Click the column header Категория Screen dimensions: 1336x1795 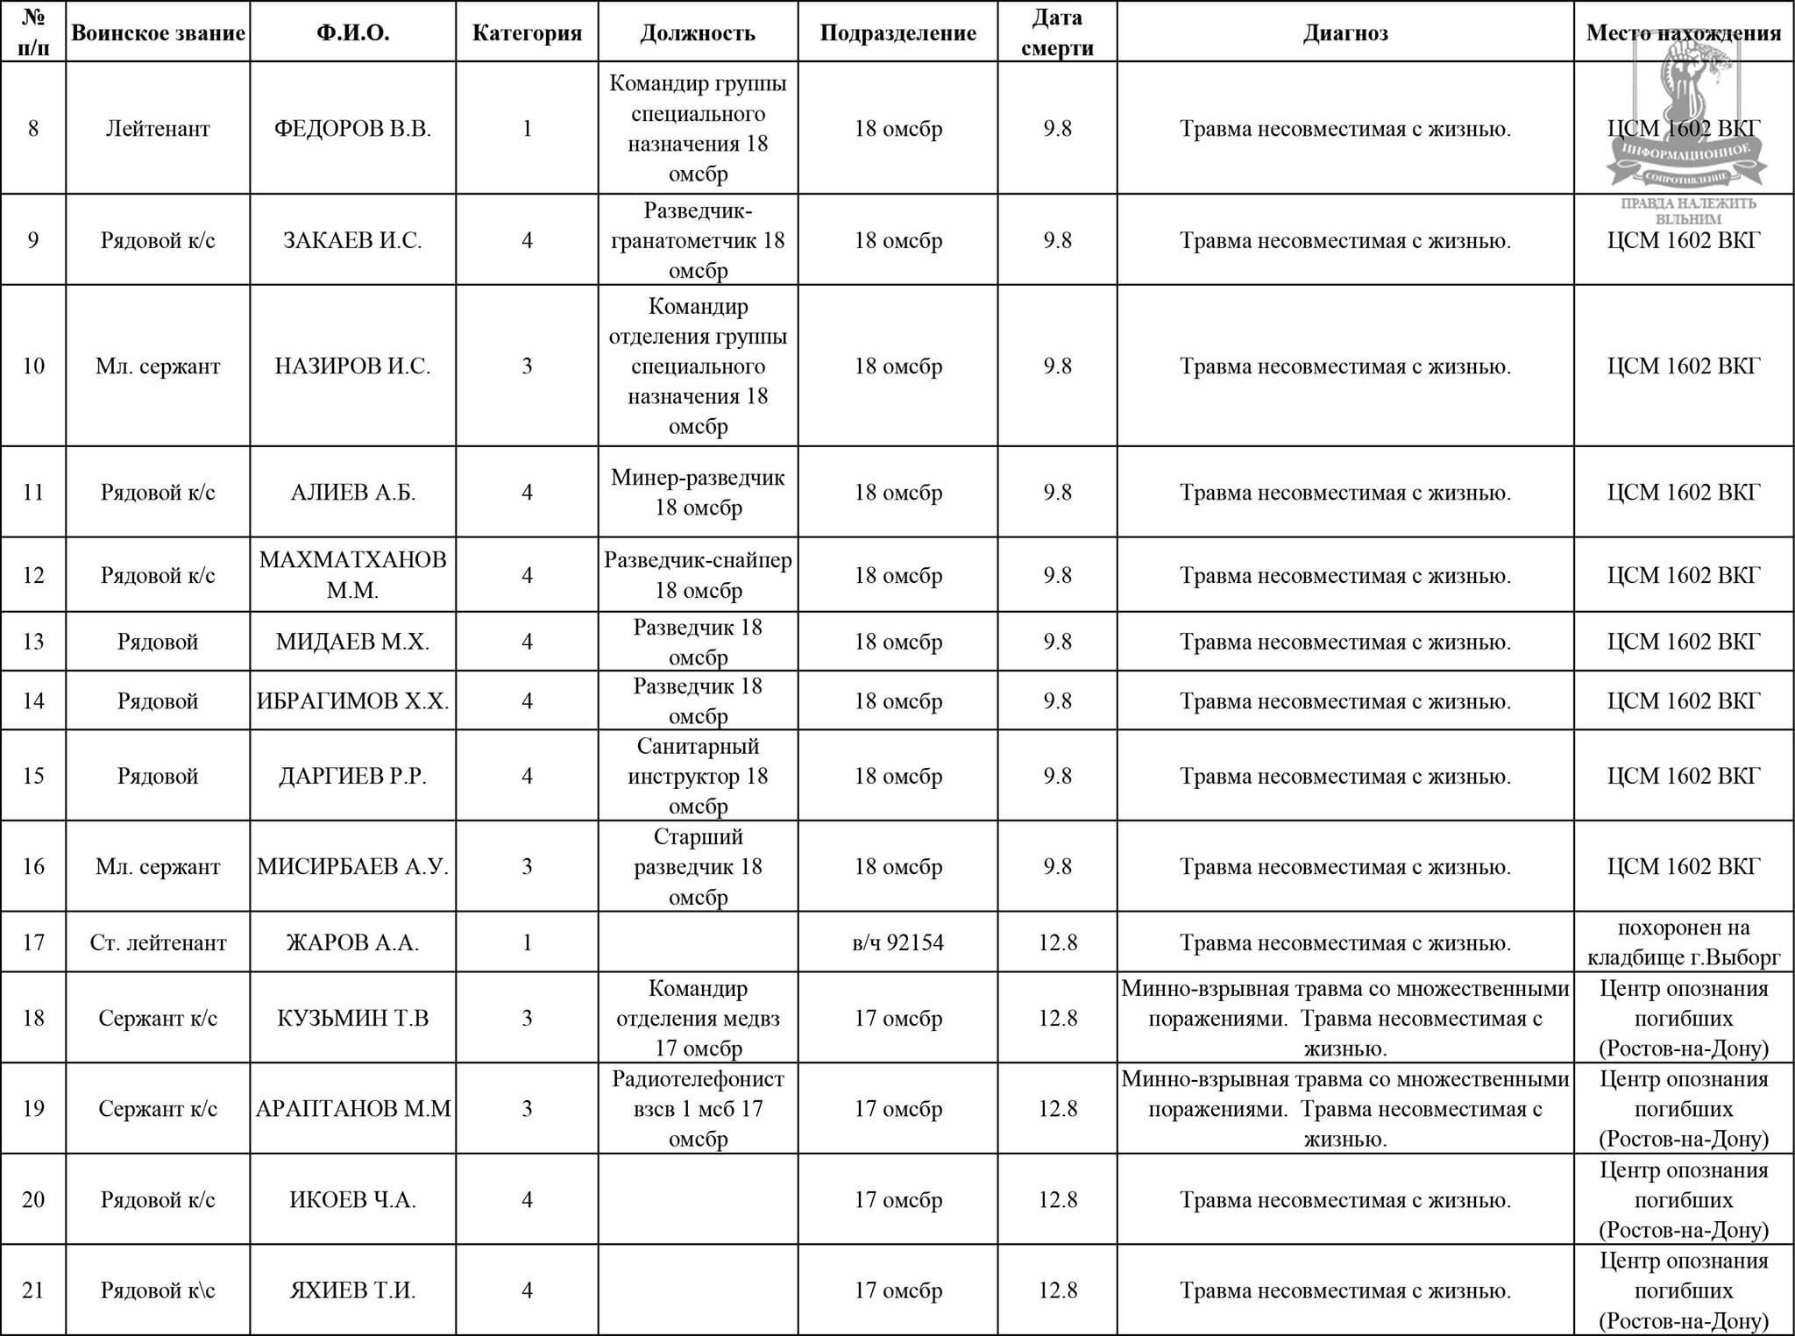point(527,33)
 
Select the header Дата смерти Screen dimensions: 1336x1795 point(1057,32)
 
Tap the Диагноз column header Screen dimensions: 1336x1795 point(1344,33)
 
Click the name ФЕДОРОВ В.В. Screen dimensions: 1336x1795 point(352,129)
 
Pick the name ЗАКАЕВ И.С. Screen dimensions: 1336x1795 point(352,240)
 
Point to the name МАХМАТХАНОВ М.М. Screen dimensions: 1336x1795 point(352,575)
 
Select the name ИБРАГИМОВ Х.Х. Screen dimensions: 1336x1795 point(352,701)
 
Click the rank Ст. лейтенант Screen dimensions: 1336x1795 point(158,942)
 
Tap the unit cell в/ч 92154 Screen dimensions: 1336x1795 point(897,942)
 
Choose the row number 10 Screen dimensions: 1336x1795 point(33,366)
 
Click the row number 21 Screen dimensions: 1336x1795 point(33,1290)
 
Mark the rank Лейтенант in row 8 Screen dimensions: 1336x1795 point(158,129)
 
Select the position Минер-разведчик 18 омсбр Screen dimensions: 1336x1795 point(698,493)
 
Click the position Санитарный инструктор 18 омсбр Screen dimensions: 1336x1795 point(698,776)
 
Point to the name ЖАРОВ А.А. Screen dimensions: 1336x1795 point(352,942)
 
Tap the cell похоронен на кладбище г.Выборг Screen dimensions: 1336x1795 point(1683,942)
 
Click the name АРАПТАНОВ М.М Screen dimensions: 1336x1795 point(352,1109)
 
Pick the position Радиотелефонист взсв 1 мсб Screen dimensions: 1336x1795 point(698,1109)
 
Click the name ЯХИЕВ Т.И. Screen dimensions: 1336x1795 point(352,1290)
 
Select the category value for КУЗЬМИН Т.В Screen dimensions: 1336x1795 point(527,1019)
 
